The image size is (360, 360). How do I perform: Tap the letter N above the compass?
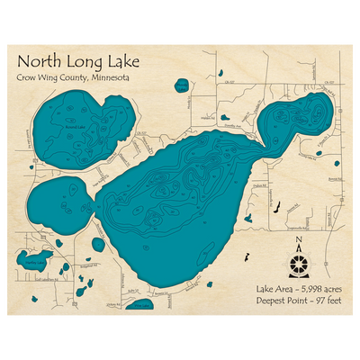click(x=298, y=240)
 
